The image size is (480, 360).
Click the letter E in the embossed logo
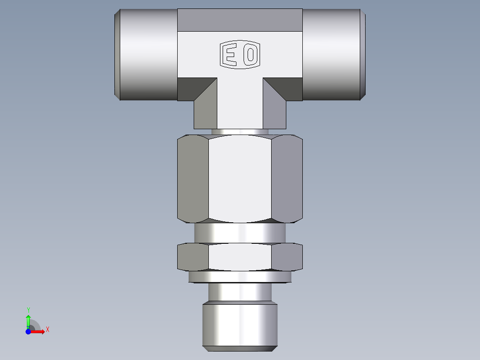pyautogui.click(x=230, y=55)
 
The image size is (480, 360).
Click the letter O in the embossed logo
pyautogui.click(x=251, y=55)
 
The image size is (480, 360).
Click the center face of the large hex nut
pyautogui.click(x=240, y=178)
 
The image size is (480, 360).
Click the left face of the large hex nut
pyautogui.click(x=193, y=178)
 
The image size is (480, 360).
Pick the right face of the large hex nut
pyautogui.click(x=287, y=178)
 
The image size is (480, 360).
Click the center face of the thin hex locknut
pyautogui.click(x=240, y=257)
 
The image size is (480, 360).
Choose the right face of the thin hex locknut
pyautogui.click(x=287, y=257)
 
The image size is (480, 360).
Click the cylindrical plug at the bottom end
pyautogui.click(x=240, y=325)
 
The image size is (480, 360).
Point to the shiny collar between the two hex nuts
pyautogui.click(x=240, y=233)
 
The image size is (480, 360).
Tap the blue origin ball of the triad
pyautogui.click(x=28, y=331)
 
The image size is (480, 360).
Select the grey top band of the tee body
pyautogui.click(x=240, y=20)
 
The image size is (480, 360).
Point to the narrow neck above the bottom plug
pyautogui.click(x=240, y=292)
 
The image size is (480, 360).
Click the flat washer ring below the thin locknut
pyautogui.click(x=240, y=277)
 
